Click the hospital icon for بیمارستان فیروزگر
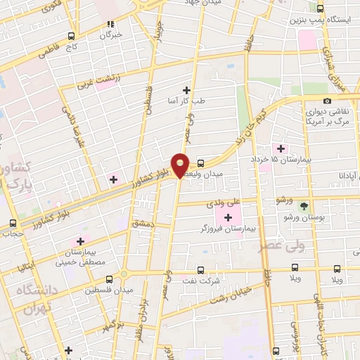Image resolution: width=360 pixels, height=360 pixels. click(x=228, y=216)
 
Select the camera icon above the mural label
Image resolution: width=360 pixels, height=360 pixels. click(x=328, y=101)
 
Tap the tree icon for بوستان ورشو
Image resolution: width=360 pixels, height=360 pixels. click(x=304, y=206)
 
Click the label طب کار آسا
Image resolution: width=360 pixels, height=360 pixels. click(x=186, y=101)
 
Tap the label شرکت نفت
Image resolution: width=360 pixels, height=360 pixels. click(x=201, y=280)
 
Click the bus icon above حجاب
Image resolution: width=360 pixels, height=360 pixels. click(x=13, y=223)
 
